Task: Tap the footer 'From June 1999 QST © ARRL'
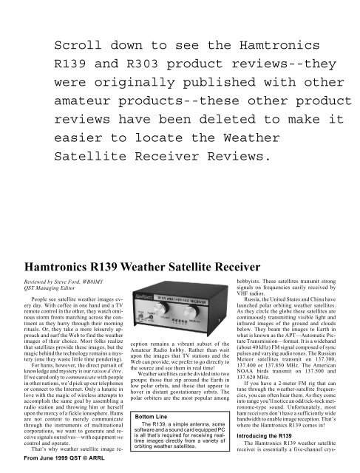(x=56, y=467)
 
